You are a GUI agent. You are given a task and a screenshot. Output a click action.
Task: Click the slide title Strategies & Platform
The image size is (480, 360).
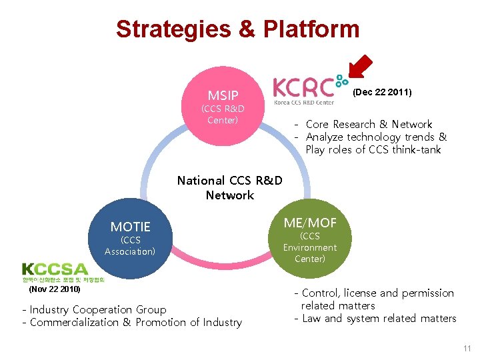237,29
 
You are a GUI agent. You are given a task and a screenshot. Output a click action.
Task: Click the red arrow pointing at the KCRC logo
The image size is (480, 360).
360,67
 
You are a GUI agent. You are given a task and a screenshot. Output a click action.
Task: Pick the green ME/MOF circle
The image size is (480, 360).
310,237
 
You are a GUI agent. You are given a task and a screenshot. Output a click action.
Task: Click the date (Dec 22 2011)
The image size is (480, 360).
382,92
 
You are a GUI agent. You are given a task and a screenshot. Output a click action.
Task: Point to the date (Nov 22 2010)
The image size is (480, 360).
55,289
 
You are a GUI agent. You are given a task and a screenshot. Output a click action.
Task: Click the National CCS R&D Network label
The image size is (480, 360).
230,187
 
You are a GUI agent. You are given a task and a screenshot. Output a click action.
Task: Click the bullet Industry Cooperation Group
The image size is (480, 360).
99,309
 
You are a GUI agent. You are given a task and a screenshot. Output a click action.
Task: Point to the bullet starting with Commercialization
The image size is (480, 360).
136,322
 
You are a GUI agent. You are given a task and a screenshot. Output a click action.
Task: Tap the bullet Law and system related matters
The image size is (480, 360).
379,318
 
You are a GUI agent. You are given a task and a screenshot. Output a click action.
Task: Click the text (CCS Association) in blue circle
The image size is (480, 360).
130,245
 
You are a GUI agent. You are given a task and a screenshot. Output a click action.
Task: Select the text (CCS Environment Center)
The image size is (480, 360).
310,247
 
